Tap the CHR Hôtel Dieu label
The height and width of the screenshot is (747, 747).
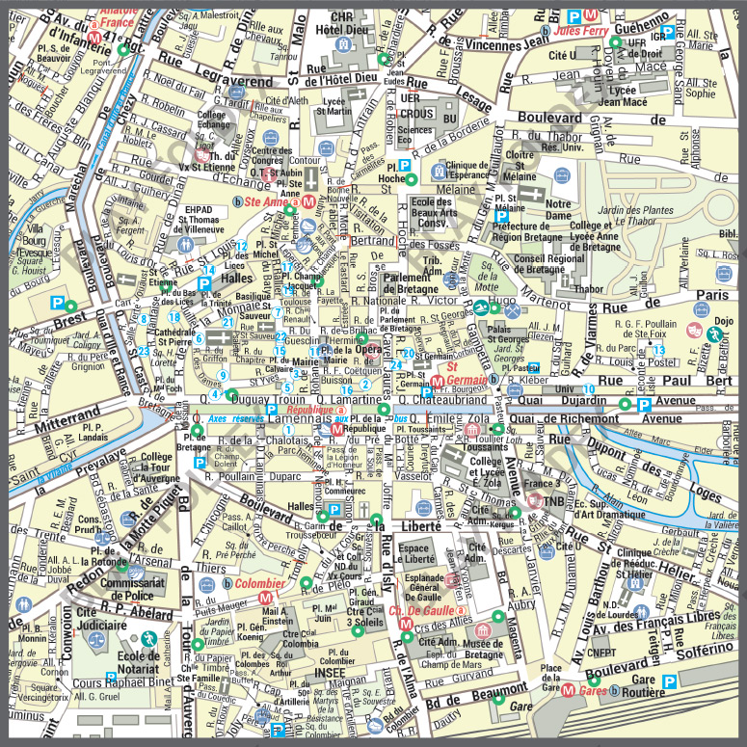tap(342, 23)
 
